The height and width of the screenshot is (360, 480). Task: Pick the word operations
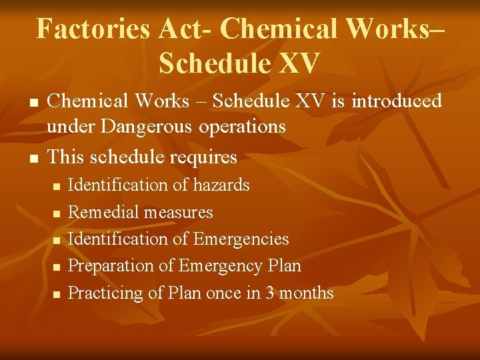244,127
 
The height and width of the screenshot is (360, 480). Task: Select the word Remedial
102,212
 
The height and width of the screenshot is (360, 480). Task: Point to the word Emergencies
241,239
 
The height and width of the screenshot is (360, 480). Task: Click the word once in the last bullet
226,293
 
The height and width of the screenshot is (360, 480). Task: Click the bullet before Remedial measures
56,213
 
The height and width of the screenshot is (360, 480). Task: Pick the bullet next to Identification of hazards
56,186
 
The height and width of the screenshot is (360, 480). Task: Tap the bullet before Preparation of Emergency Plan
56,267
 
